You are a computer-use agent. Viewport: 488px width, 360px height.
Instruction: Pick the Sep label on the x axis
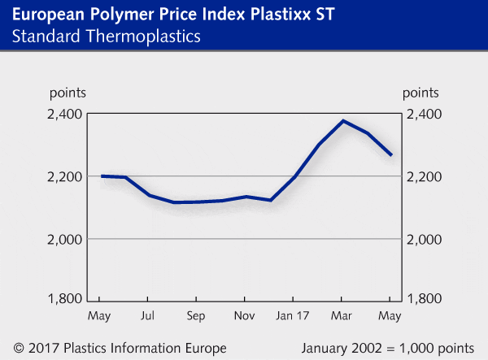point(196,314)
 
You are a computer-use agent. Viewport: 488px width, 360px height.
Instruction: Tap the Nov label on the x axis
point(244,314)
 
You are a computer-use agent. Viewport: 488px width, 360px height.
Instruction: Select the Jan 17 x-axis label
point(293,314)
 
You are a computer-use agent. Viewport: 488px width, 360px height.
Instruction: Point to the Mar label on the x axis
point(343,314)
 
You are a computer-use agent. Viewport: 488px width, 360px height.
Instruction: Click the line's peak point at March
point(343,121)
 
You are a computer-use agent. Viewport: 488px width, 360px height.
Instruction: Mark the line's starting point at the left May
point(102,176)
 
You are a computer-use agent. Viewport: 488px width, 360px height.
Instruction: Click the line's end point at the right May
point(391,155)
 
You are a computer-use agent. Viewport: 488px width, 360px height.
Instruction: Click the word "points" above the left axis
point(67,94)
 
